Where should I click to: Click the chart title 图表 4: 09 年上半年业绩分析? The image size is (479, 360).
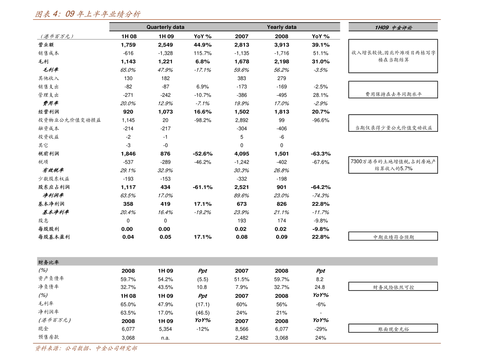point(88,14)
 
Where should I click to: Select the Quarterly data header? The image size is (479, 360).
point(165,27)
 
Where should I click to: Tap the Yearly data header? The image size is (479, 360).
point(282,27)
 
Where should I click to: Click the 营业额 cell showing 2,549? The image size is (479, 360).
point(165,45)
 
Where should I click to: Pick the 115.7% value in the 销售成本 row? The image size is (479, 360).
point(203,53)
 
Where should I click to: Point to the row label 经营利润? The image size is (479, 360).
point(49,112)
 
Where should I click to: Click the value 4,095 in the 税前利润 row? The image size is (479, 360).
point(242,154)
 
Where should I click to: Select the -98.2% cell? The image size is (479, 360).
point(203,120)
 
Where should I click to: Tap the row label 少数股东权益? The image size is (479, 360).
point(54,179)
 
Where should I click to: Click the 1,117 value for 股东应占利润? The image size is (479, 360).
point(128,187)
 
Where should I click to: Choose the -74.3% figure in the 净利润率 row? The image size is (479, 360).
point(321,196)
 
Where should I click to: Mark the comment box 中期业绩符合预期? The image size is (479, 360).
point(393,236)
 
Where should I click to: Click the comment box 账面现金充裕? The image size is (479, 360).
point(393,328)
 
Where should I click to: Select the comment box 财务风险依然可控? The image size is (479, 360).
point(393,286)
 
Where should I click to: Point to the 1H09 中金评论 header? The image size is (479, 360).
point(393,27)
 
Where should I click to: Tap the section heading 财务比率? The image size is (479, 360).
point(49,262)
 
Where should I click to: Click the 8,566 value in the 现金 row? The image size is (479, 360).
point(242,329)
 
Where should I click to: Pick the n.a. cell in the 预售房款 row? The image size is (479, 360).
point(165,338)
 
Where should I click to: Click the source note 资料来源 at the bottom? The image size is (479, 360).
point(86,348)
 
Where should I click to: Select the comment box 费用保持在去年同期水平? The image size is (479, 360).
point(393,90)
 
